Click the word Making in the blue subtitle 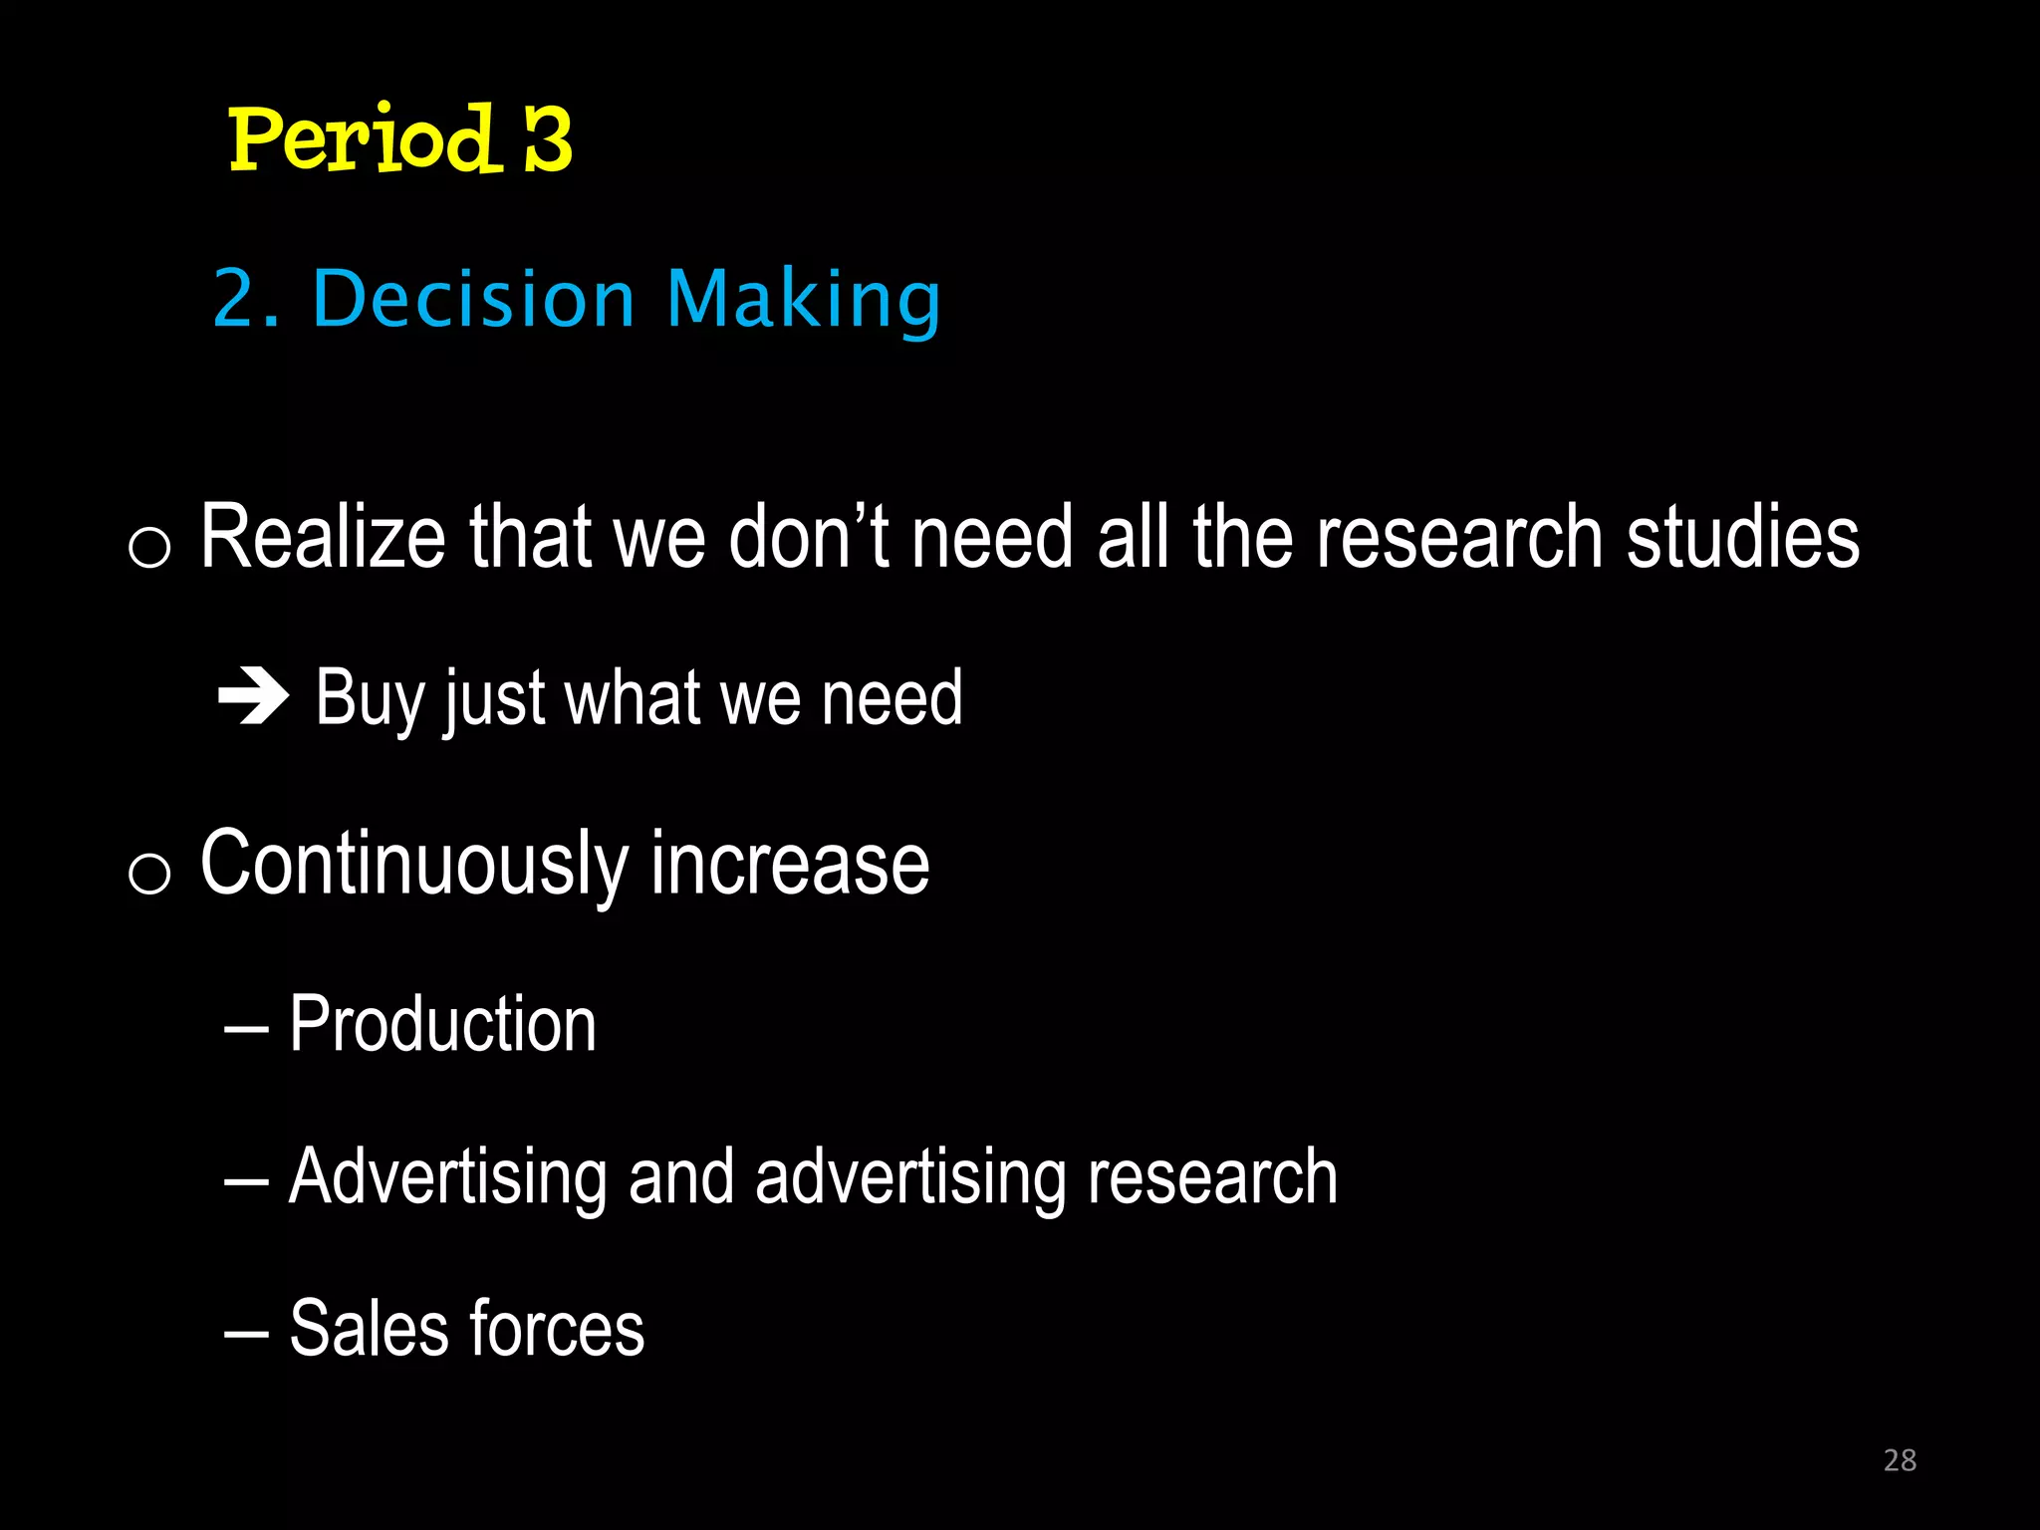(x=803, y=301)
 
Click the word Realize (x=322, y=537)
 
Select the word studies (x=1742, y=537)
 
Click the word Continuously (x=413, y=865)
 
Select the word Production (x=442, y=1024)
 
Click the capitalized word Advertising (x=447, y=1177)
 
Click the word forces (x=557, y=1329)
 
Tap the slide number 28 (x=1900, y=1460)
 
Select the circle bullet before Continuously (x=149, y=874)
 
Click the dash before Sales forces (x=246, y=1333)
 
